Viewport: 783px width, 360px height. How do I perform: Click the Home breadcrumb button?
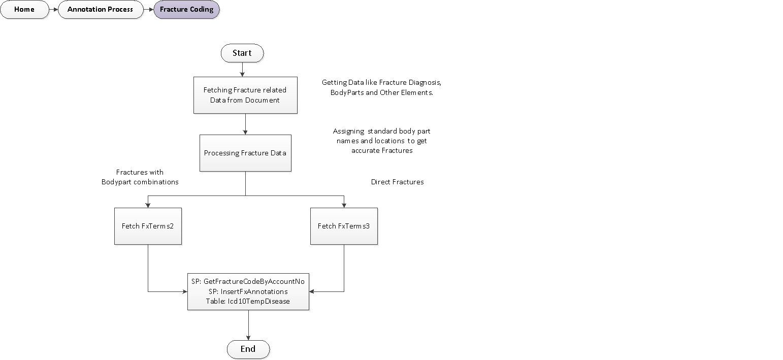click(24, 10)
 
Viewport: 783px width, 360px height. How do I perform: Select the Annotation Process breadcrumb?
click(100, 10)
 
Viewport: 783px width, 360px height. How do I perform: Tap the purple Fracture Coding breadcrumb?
click(187, 10)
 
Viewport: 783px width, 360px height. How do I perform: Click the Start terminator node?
click(242, 53)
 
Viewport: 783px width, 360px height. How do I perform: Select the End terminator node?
click(248, 349)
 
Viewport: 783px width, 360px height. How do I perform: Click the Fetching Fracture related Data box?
click(245, 95)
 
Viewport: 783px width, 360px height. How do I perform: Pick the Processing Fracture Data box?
click(245, 153)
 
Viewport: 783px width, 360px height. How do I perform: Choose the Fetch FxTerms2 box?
click(148, 226)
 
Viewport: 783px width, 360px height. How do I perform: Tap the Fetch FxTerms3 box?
click(344, 226)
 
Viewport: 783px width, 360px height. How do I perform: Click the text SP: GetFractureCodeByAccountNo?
click(248, 281)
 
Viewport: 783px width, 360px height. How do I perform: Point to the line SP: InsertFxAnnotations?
click(248, 291)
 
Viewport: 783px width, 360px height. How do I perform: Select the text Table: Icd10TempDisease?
click(248, 301)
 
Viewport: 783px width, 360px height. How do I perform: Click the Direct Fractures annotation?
click(397, 182)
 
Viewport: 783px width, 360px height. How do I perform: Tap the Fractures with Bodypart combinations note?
click(140, 177)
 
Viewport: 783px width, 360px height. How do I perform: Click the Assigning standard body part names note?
click(382, 141)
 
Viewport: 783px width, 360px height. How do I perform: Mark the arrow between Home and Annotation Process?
click(53, 10)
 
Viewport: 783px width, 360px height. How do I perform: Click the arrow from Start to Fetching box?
click(243, 70)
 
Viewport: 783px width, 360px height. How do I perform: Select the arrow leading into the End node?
click(248, 325)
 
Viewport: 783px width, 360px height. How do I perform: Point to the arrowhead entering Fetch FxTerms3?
click(344, 205)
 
